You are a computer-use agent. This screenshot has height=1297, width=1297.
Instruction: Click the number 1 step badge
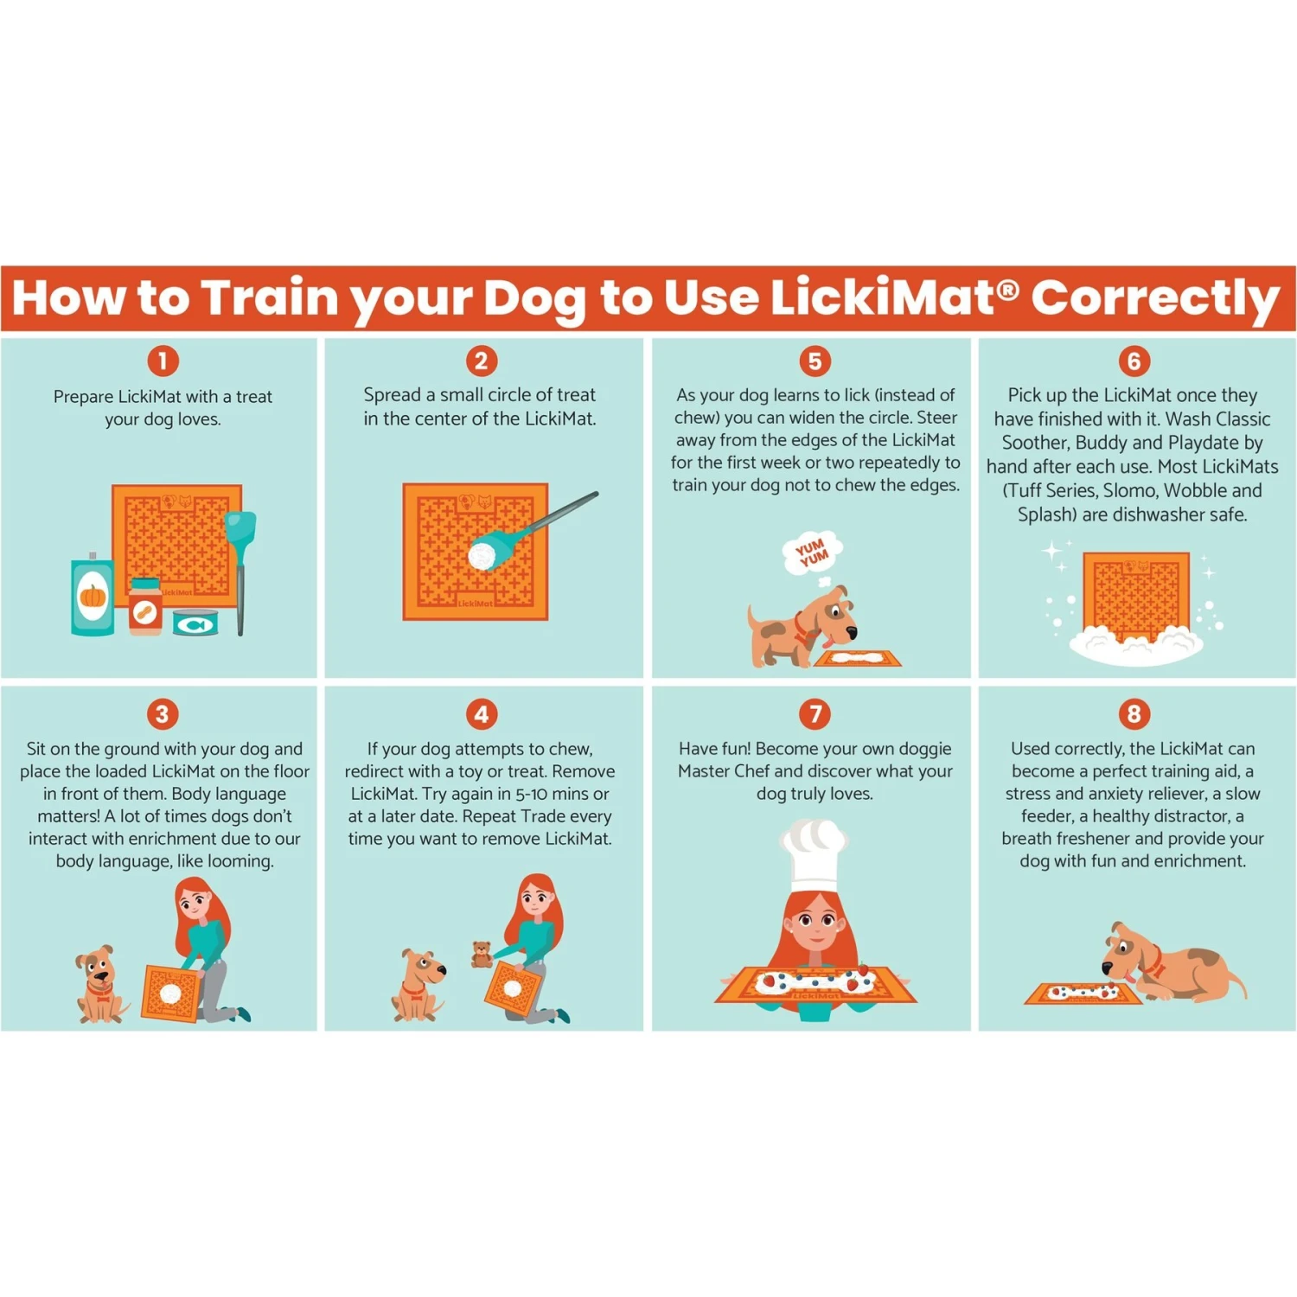tap(163, 361)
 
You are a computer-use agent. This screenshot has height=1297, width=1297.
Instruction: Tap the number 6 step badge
tap(1134, 361)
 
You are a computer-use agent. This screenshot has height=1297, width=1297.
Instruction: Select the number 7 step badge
tap(815, 713)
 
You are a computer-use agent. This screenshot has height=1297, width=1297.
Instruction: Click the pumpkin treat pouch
tap(93, 597)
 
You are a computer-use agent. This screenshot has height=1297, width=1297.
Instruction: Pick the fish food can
tap(195, 623)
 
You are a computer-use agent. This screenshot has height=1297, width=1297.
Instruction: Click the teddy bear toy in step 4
tap(482, 954)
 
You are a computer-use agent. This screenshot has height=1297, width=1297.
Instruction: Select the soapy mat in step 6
tap(1136, 605)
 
